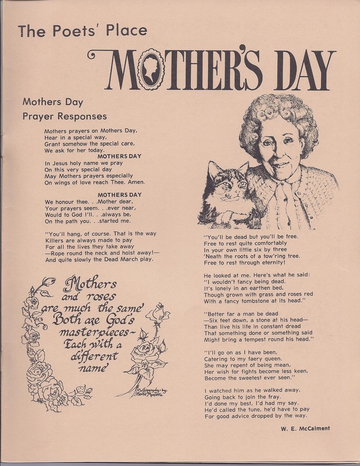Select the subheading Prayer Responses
tap(65, 116)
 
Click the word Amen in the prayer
tap(134, 182)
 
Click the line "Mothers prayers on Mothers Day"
tap(94, 130)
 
